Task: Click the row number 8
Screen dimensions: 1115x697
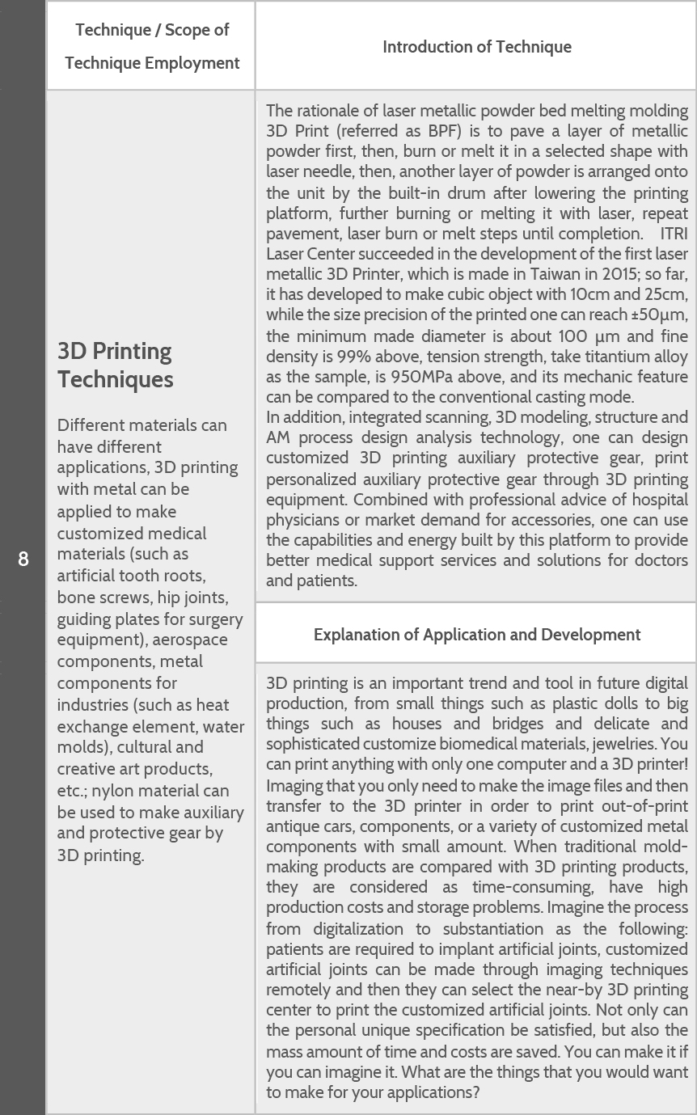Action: tap(23, 559)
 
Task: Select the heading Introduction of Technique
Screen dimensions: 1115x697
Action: tap(476, 47)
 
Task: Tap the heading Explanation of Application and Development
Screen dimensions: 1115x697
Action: tap(476, 635)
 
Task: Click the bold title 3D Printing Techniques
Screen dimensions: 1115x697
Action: tap(115, 365)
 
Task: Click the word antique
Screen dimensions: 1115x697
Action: tap(292, 826)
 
